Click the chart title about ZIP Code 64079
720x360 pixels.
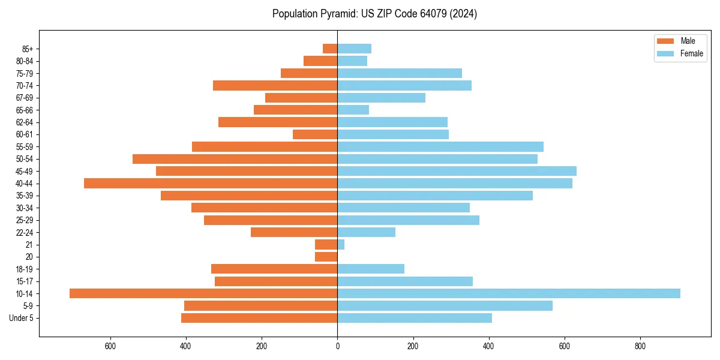click(374, 14)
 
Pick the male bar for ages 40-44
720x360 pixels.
click(211, 183)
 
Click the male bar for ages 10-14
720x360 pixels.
click(203, 293)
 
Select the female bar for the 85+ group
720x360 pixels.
click(354, 49)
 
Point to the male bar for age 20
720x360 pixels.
click(326, 257)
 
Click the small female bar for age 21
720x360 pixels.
click(341, 244)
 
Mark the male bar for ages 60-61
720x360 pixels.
click(315, 134)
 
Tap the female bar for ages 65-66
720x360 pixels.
click(353, 110)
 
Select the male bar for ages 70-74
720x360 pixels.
click(275, 85)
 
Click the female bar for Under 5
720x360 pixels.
click(415, 318)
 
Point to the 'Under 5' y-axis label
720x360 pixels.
click(22, 318)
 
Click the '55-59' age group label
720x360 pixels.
click(25, 146)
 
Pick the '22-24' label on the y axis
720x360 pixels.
click(25, 232)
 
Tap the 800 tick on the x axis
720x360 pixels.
click(640, 346)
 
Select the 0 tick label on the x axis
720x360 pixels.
click(337, 346)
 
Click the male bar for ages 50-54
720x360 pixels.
click(235, 159)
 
